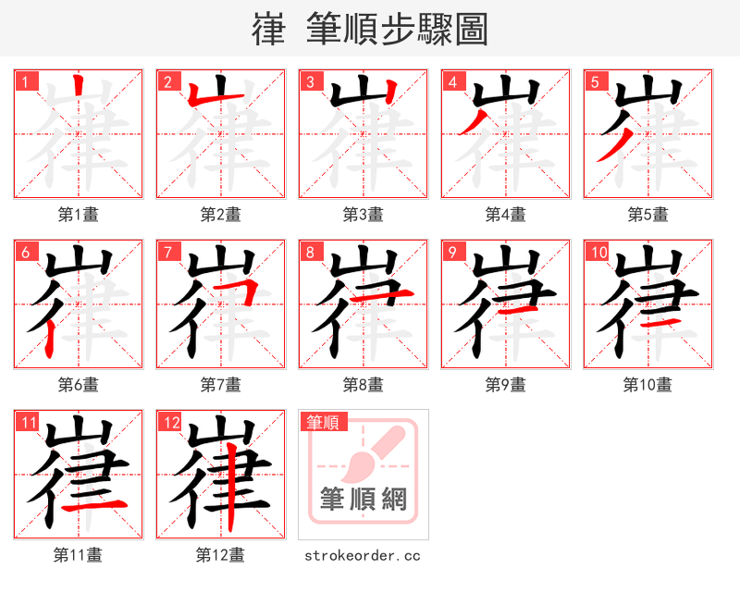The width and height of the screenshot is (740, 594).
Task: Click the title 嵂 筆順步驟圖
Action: pyautogui.click(x=369, y=30)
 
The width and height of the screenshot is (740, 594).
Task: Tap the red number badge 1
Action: pyautogui.click(x=24, y=81)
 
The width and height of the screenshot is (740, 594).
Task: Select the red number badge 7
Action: pyautogui.click(x=166, y=252)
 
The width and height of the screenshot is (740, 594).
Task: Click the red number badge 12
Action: pyautogui.click(x=169, y=423)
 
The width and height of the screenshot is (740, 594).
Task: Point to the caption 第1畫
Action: pyautogui.click(x=78, y=215)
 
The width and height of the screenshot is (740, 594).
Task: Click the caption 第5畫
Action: pyautogui.click(x=647, y=215)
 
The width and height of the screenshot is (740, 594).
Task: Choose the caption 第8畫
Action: pyautogui.click(x=363, y=385)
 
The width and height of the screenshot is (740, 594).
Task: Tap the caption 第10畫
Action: pyautogui.click(x=647, y=385)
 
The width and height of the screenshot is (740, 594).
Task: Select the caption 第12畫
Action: pyautogui.click(x=220, y=555)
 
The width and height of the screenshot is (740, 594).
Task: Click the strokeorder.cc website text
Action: pyautogui.click(x=363, y=555)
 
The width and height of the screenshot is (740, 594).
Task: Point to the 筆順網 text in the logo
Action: pyautogui.click(x=364, y=500)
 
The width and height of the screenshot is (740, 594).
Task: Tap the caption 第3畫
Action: pyautogui.click(x=363, y=215)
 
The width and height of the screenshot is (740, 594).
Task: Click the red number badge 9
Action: pyautogui.click(x=451, y=252)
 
